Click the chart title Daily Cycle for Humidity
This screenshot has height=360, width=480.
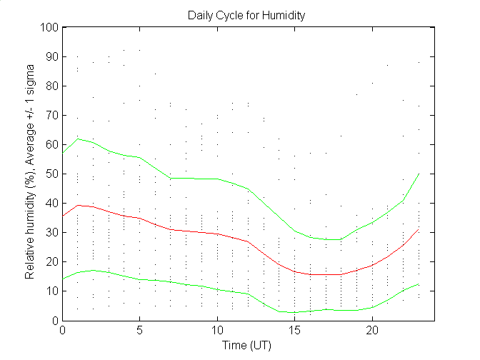pos(247,14)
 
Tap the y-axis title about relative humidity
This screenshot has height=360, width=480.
pos(31,174)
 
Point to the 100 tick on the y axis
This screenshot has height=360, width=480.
pos(49,28)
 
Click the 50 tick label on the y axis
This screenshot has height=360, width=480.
pos(51,174)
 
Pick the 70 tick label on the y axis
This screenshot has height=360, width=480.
pos(51,116)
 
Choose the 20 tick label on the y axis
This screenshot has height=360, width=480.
pos(51,262)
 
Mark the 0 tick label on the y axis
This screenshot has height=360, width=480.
pos(54,321)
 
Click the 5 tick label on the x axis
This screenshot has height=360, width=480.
pos(140,331)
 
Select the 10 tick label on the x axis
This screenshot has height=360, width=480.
pos(217,331)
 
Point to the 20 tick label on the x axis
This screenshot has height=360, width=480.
pos(372,331)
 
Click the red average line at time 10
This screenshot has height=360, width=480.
pos(217,234)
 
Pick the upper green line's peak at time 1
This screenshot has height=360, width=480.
pos(78,139)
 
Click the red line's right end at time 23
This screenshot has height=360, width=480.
pos(419,229)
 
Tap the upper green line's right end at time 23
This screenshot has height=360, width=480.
pos(419,174)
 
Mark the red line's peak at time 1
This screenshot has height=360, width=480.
pos(78,205)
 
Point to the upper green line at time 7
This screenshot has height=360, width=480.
pos(171,178)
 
